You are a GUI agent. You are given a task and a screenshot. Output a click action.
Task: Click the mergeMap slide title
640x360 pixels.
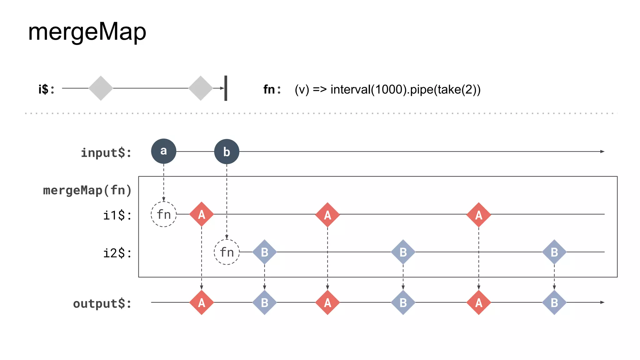click(87, 32)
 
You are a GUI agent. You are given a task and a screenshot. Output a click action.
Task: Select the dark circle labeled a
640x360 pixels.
click(163, 151)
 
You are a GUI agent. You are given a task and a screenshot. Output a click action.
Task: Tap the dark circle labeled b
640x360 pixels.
click(227, 152)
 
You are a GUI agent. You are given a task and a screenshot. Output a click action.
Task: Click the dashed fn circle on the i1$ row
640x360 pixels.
click(163, 214)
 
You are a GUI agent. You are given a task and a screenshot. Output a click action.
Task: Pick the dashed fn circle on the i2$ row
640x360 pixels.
click(227, 252)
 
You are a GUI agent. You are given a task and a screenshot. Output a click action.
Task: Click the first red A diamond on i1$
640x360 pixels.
click(202, 214)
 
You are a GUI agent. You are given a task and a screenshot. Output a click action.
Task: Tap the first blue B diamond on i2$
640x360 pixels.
click(264, 252)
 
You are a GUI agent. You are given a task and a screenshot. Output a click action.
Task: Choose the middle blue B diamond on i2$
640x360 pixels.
click(403, 252)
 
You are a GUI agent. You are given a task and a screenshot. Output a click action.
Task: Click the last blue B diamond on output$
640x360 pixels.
click(554, 302)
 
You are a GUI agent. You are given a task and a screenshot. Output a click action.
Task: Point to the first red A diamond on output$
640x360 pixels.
click(202, 302)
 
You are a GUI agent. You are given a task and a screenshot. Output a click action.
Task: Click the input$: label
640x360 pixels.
click(106, 153)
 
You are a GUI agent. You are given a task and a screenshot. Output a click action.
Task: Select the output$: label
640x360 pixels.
click(102, 303)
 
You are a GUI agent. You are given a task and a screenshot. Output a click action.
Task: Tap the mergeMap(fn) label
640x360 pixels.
click(87, 190)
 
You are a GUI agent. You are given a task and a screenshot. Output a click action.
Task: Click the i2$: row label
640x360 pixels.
click(117, 253)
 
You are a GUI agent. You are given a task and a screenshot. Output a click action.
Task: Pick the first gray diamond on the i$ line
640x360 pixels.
click(101, 88)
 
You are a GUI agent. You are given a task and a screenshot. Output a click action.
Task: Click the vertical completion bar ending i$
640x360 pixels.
click(226, 88)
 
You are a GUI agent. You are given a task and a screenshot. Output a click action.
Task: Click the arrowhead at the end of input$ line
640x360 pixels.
click(602, 152)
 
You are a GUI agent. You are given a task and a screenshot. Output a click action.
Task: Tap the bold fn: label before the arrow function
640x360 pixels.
click(272, 90)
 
